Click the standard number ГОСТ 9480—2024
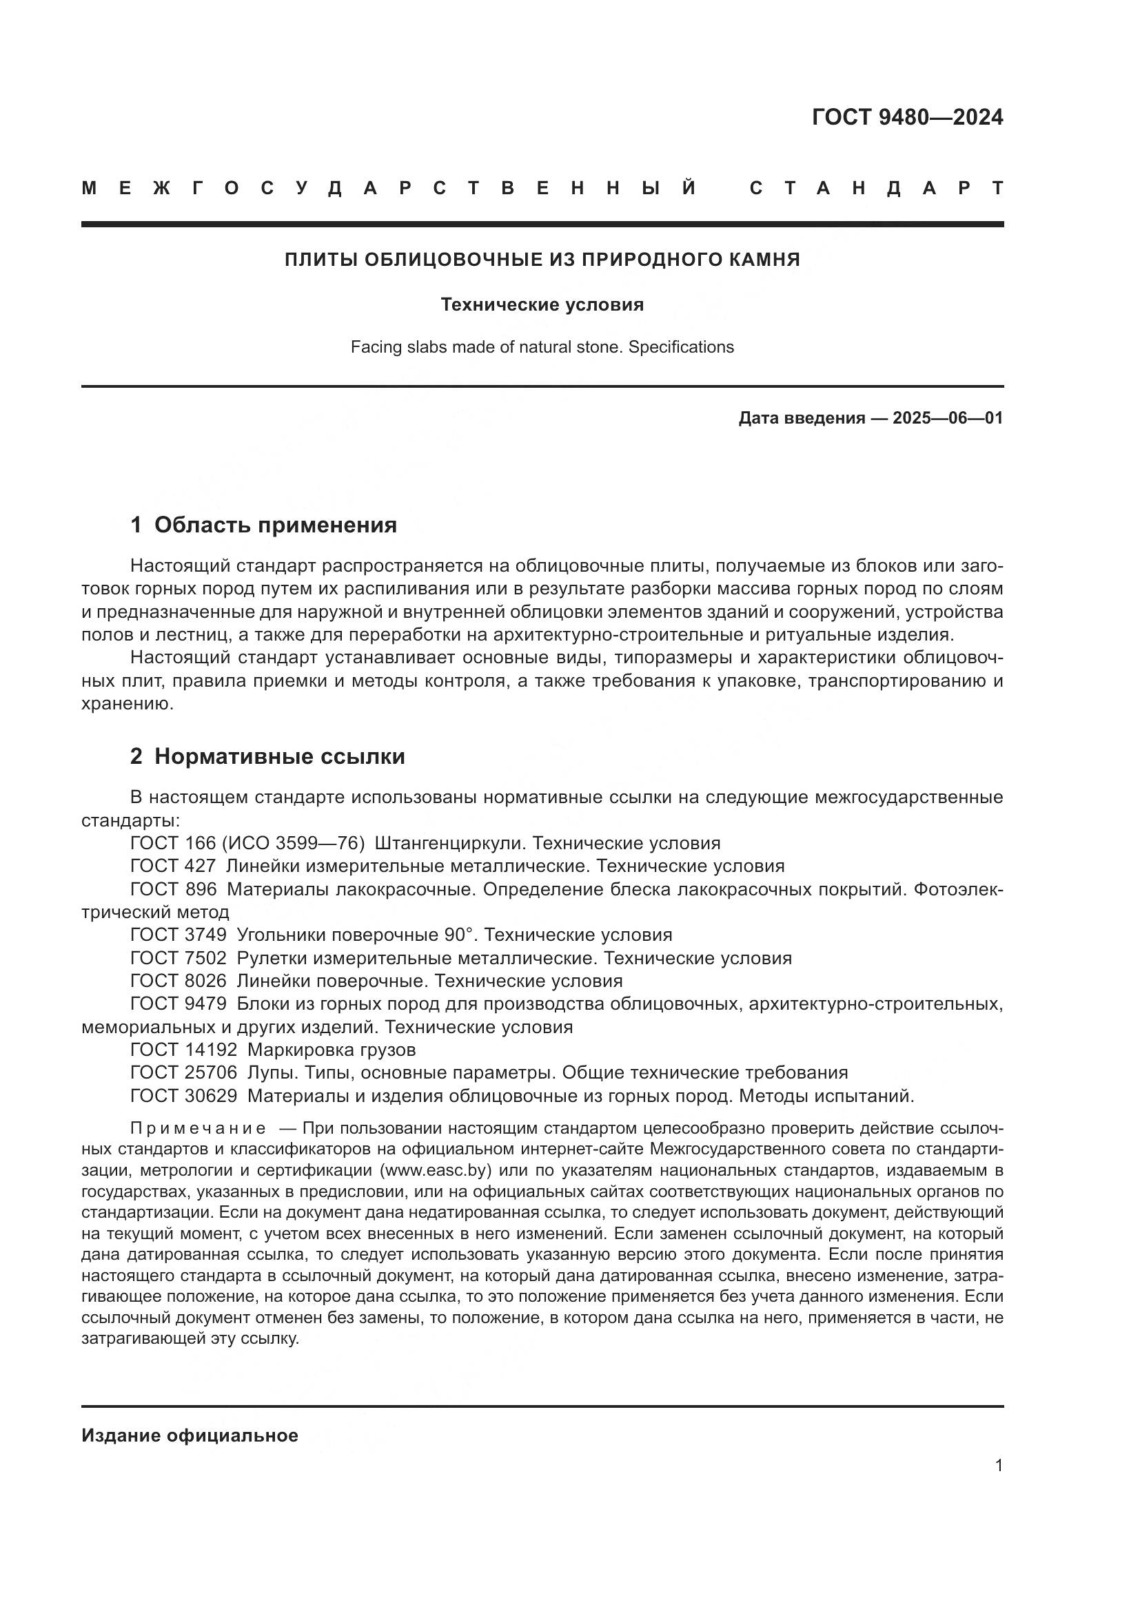[907, 117]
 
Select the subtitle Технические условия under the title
[542, 304]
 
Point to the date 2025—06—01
[948, 419]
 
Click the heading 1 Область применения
[263, 525]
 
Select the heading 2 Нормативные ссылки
[267, 756]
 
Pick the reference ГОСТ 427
[173, 866]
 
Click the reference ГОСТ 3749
[179, 935]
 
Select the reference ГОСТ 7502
[179, 959]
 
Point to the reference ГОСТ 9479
[179, 1004]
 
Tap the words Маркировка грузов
[332, 1050]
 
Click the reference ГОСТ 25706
[183, 1073]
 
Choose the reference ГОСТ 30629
[183, 1096]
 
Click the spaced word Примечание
[198, 1129]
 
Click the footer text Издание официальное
[190, 1435]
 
